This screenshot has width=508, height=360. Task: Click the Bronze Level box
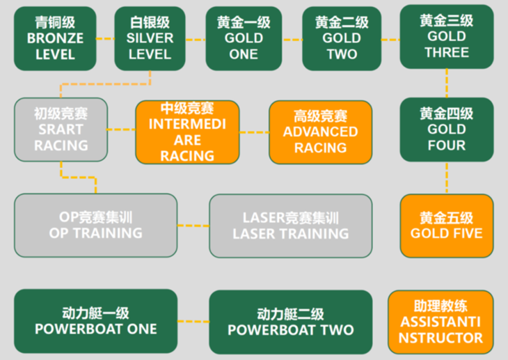[55, 38]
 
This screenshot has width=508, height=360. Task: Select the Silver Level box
[150, 38]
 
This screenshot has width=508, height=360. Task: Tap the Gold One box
[244, 38]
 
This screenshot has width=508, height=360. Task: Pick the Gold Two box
[342, 38]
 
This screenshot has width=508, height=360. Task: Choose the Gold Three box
[447, 37]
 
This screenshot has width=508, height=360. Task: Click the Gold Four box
[447, 130]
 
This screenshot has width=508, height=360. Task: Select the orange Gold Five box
[447, 226]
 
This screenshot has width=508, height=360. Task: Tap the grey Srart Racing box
[61, 130]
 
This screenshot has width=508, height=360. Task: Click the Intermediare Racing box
[187, 132]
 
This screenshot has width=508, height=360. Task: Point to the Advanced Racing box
[320, 132]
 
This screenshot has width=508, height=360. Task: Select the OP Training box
[95, 226]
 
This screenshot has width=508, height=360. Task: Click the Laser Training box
[291, 226]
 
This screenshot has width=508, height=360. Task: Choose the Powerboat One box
[95, 321]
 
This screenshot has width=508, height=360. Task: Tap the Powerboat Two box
[291, 322]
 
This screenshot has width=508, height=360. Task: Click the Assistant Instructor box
[440, 322]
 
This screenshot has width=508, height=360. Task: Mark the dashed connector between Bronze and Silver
[105, 39]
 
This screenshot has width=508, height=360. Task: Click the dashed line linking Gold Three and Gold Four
[447, 83]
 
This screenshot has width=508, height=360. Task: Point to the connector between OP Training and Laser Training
[193, 226]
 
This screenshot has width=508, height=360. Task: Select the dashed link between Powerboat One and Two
[193, 322]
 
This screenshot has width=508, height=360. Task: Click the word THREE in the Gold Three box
[447, 52]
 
